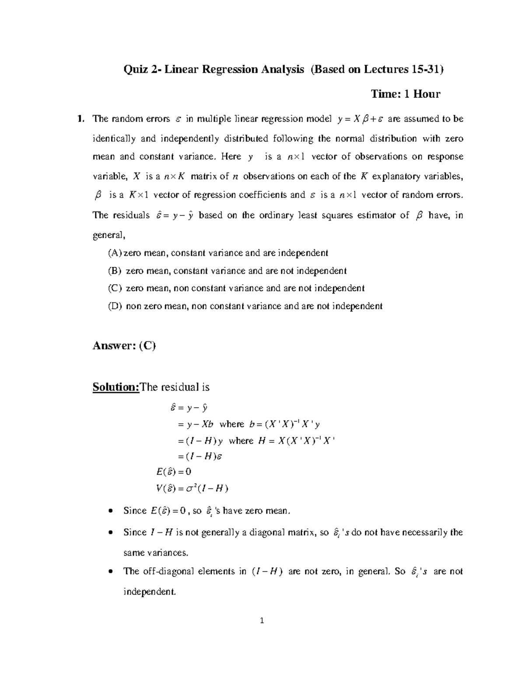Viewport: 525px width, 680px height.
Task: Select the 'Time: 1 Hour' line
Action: pyautogui.click(x=405, y=94)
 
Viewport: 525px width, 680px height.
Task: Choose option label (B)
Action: pyautogui.click(x=115, y=271)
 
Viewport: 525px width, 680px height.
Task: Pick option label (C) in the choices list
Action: pyautogui.click(x=115, y=289)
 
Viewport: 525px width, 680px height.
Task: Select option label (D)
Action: pyautogui.click(x=115, y=306)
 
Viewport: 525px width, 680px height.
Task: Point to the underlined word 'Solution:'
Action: pyautogui.click(x=115, y=388)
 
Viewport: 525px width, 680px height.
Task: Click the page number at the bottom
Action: pyautogui.click(x=262, y=620)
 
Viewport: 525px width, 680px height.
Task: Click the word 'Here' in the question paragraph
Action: pyautogui.click(x=231, y=157)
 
